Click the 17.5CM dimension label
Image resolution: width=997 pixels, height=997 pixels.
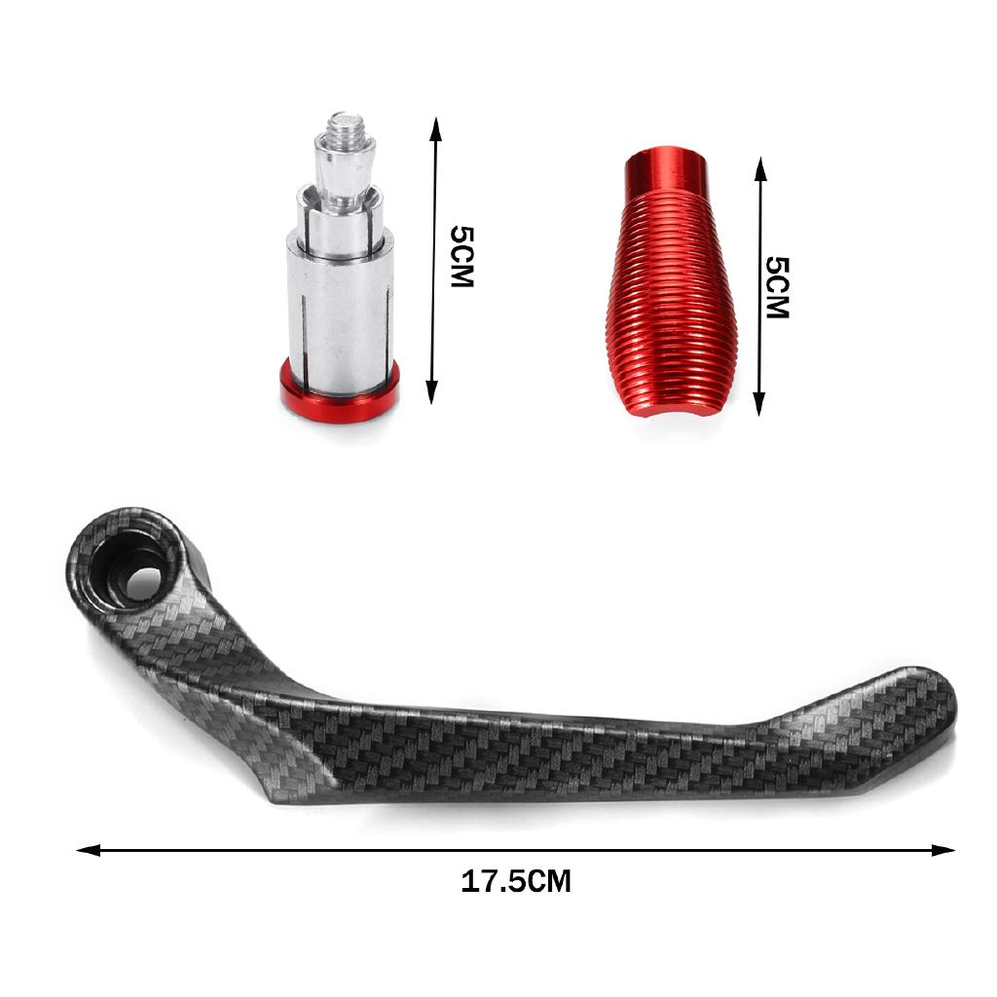click(516, 881)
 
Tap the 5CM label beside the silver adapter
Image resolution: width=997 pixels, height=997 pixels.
click(462, 256)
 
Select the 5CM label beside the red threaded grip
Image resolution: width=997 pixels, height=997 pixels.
click(777, 287)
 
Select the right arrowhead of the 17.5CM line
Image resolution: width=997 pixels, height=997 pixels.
click(943, 850)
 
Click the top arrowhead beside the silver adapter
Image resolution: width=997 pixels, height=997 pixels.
click(435, 129)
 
